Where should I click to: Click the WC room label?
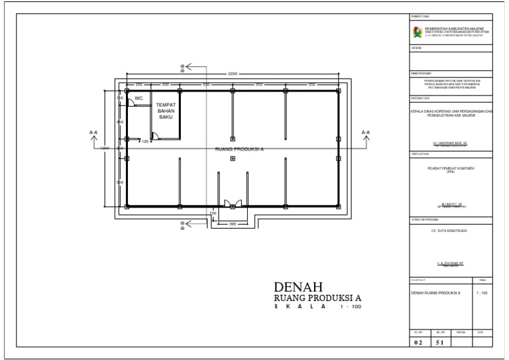[139, 98]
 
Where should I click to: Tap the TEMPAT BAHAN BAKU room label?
[165, 111]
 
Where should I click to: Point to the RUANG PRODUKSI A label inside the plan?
[239, 149]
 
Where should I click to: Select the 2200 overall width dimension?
[233, 74]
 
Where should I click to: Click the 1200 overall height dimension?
[105, 148]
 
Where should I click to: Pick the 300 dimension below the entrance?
[233, 224]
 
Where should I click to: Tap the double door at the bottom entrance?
[232, 203]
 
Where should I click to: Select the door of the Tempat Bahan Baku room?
[155, 136]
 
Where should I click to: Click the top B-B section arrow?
[185, 66]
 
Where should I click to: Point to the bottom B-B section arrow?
[185, 226]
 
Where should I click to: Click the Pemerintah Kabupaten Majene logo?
[418, 32]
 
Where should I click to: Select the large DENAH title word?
[298, 286]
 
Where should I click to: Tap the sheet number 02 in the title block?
[418, 343]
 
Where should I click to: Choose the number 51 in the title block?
[439, 343]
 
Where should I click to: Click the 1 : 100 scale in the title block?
[482, 292]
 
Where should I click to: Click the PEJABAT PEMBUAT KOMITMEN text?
[451, 168]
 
